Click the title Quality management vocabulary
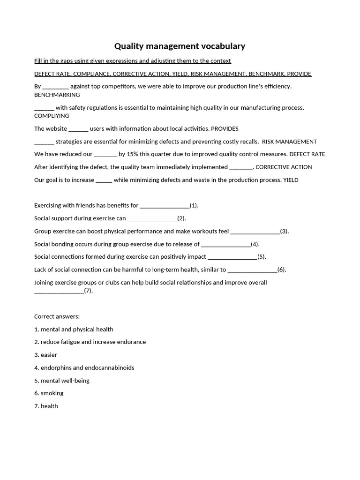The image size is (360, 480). pyautogui.click(x=180, y=46)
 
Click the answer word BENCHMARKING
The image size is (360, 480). pyautogui.click(x=57, y=95)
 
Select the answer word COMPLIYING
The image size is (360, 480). pyautogui.click(x=52, y=116)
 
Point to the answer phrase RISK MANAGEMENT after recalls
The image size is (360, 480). pyautogui.click(x=289, y=142)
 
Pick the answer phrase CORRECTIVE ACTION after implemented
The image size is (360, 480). pyautogui.click(x=284, y=167)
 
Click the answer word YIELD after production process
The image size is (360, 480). pyautogui.click(x=291, y=180)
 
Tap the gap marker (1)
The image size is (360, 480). pyautogui.click(x=194, y=205)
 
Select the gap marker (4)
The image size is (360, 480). pyautogui.click(x=255, y=244)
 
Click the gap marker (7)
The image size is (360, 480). pyautogui.click(x=89, y=291)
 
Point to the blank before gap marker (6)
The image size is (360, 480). pyautogui.click(x=252, y=270)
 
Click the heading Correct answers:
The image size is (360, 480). pyautogui.click(x=57, y=316)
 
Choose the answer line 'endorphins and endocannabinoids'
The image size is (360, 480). pyautogui.click(x=87, y=367)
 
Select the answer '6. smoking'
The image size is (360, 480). pyautogui.click(x=49, y=393)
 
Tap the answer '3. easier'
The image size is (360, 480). pyautogui.click(x=45, y=355)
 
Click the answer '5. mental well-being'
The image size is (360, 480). pyautogui.click(x=62, y=381)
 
